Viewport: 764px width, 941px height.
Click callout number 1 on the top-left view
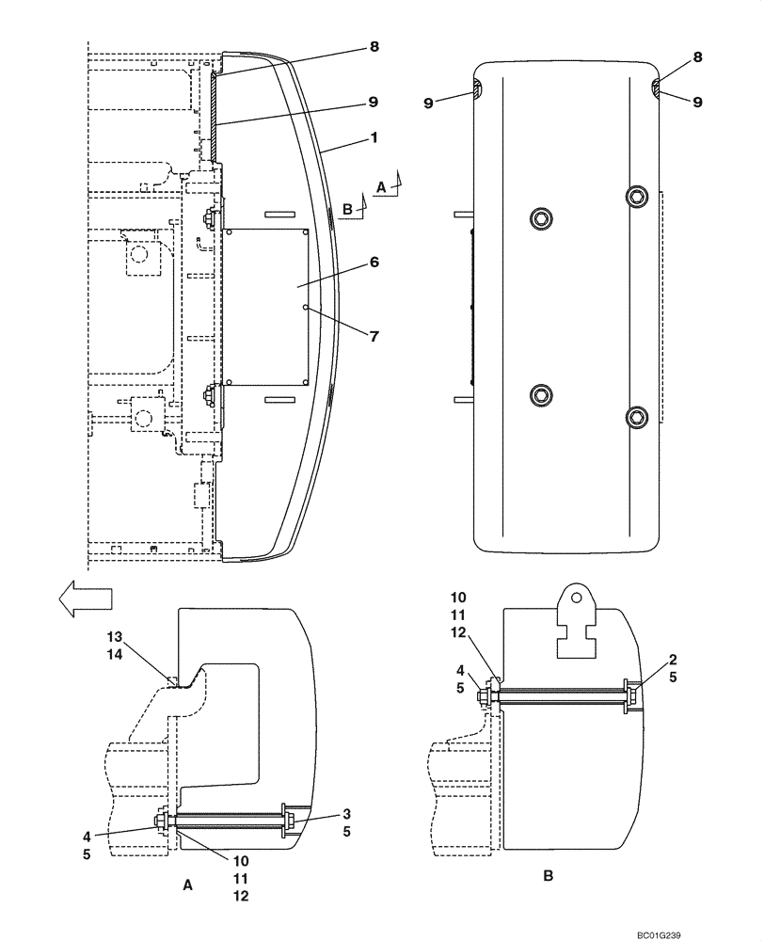pos(374,137)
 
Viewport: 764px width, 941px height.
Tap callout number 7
pos(374,336)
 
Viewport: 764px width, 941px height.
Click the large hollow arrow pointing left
pos(83,598)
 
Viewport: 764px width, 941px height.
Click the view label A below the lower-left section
pos(187,885)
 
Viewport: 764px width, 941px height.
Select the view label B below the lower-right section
pos(549,876)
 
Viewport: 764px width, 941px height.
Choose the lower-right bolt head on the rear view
pos(639,417)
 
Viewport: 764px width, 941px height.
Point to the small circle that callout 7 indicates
pos(306,306)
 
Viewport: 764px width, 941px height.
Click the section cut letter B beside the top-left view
pos(347,211)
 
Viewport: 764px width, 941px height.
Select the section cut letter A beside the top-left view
pos(380,187)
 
